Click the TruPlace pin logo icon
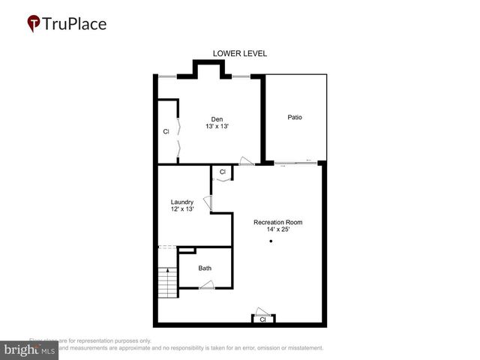pyautogui.click(x=34, y=24)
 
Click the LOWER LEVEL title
pyautogui.click(x=240, y=54)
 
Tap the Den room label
pyautogui.click(x=217, y=119)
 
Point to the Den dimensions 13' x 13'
pyautogui.click(x=217, y=127)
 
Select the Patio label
pyautogui.click(x=295, y=118)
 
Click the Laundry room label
pyautogui.click(x=182, y=202)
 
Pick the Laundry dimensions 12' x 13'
pyautogui.click(x=182, y=209)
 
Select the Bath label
pyautogui.click(x=205, y=268)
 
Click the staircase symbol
pyautogui.click(x=166, y=283)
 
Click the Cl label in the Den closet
pyautogui.click(x=166, y=132)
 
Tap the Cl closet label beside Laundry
pyautogui.click(x=222, y=172)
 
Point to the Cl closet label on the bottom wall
pyautogui.click(x=262, y=319)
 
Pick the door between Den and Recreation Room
pyautogui.click(x=245, y=160)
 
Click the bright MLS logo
pyautogui.click(x=30, y=350)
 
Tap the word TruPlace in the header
pyautogui.click(x=75, y=24)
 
